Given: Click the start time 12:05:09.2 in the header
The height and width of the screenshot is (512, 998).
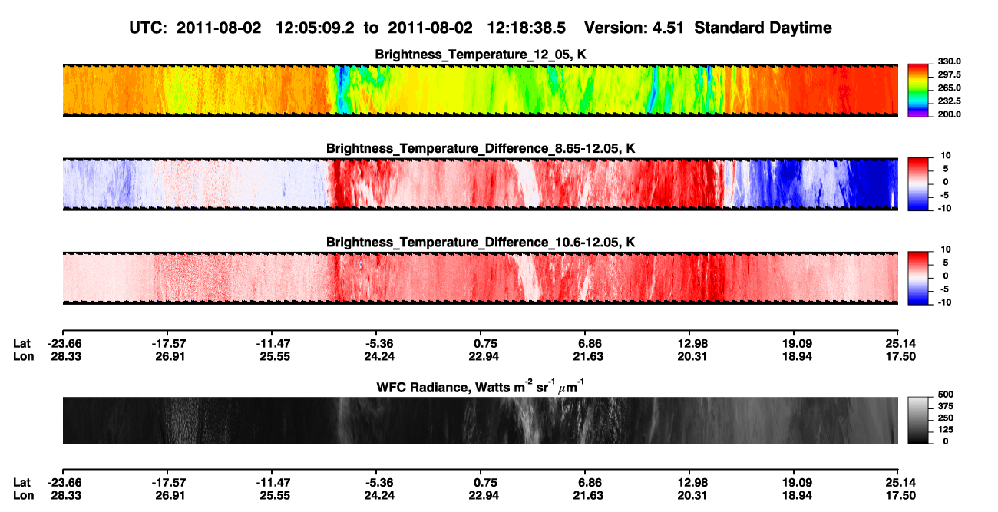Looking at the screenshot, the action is click(x=315, y=28).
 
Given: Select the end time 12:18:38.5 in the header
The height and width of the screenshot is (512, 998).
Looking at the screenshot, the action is click(x=526, y=28).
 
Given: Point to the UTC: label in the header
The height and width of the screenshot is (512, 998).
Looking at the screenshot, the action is click(x=148, y=28).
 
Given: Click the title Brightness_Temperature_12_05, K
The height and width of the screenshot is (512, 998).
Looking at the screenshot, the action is click(x=481, y=55).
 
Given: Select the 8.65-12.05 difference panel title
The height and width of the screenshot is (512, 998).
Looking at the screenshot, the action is click(x=481, y=148).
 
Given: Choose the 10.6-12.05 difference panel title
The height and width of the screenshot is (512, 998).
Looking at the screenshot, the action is click(x=481, y=243).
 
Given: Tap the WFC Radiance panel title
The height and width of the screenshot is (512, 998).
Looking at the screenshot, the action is click(x=481, y=387).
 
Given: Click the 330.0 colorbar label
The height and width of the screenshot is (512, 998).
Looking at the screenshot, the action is click(x=949, y=61).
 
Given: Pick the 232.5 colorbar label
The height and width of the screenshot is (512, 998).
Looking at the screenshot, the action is click(x=949, y=101).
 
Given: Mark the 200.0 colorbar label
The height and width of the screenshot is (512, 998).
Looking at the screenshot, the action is click(x=949, y=114).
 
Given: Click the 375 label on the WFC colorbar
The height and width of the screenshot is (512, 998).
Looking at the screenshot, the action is click(x=946, y=406).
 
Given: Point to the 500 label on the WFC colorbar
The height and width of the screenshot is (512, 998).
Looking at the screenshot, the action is click(x=946, y=395).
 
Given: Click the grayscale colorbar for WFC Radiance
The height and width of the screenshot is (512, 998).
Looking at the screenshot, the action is click(x=918, y=420).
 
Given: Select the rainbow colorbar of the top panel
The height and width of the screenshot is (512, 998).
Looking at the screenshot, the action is click(x=918, y=91).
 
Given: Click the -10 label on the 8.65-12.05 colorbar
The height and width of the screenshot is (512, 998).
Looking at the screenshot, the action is click(x=943, y=209).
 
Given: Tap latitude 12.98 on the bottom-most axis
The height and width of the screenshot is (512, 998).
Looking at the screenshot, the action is click(x=692, y=483).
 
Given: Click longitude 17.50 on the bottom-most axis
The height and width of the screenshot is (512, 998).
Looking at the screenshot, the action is click(x=901, y=496).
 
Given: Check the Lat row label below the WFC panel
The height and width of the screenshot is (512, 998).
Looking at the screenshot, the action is click(x=21, y=483).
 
